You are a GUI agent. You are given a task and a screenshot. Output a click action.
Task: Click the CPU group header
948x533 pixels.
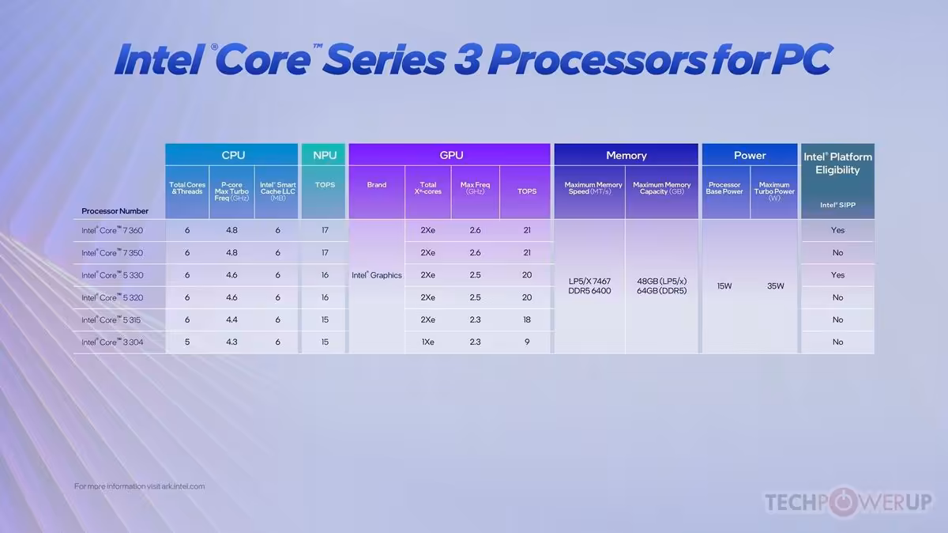232,155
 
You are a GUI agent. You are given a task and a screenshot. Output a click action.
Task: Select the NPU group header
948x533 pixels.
324,155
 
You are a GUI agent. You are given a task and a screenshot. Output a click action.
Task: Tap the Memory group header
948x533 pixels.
626,155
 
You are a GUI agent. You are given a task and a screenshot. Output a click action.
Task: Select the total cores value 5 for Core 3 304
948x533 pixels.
187,342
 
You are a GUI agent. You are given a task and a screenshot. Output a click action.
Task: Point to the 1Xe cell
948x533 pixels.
427,342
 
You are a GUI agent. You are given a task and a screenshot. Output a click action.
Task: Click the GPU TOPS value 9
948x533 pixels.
527,342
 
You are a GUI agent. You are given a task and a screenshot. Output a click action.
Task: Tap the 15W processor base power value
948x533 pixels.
724,285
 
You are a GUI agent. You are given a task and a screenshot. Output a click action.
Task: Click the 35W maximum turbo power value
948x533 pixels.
775,285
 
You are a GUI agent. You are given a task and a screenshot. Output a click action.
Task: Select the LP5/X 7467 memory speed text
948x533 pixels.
589,281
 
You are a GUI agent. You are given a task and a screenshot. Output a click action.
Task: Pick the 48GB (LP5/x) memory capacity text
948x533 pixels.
661,281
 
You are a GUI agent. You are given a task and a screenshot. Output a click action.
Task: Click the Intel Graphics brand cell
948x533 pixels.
377,275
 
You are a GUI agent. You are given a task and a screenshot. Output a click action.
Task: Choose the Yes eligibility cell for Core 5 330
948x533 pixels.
837,275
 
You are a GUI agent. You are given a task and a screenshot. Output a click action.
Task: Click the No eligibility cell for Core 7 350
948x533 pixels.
837,252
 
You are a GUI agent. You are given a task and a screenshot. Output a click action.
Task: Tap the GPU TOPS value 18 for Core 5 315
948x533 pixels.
527,319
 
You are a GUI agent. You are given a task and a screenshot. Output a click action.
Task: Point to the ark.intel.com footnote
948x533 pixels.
139,486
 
